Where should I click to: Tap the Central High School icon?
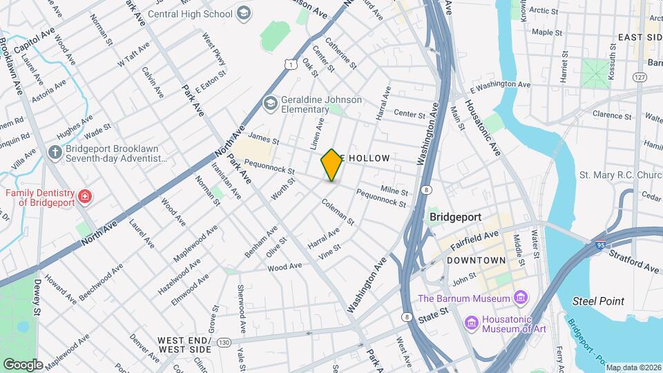click(243, 12)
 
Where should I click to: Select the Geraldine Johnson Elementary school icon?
click(270, 104)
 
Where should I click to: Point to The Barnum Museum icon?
click(521, 298)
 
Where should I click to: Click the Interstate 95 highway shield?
click(601, 244)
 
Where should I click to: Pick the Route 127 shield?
click(641, 78)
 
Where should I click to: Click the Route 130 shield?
click(223, 342)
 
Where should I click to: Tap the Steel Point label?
click(598, 301)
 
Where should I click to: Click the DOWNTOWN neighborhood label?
click(477, 260)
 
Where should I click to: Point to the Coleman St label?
click(338, 213)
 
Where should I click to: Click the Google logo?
click(22, 364)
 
